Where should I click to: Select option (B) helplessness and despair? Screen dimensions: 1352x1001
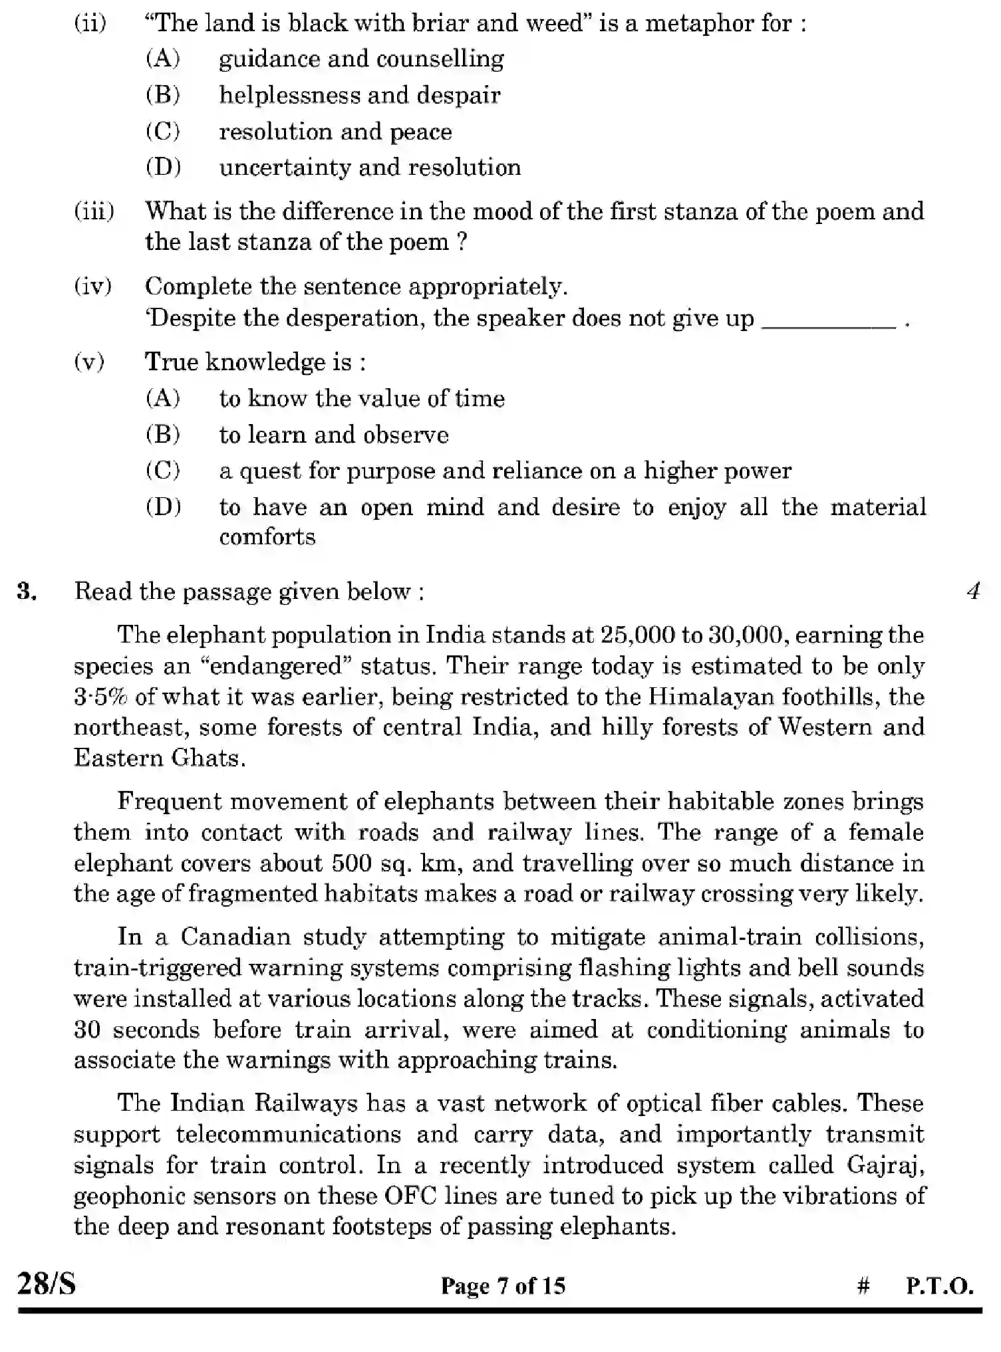click(359, 95)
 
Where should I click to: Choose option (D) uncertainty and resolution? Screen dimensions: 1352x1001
click(370, 168)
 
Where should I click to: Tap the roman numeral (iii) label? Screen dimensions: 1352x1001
click(94, 212)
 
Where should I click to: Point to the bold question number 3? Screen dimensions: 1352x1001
click(27, 592)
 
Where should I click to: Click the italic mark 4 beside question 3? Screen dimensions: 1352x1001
click(973, 592)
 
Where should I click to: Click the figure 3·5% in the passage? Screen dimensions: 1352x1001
click(100, 697)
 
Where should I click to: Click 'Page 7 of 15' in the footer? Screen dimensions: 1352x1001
click(503, 1286)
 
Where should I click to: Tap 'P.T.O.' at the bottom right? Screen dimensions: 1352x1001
click(939, 1286)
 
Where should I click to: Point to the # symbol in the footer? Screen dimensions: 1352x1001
click(863, 1286)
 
